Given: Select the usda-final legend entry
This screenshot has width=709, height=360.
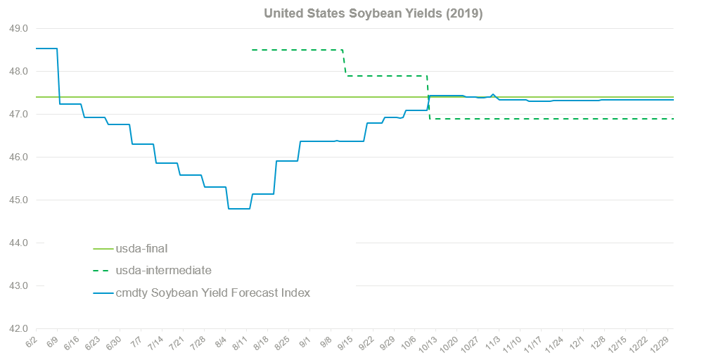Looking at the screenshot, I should pos(141,247).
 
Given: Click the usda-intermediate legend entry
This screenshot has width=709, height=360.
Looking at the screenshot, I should pos(163,270).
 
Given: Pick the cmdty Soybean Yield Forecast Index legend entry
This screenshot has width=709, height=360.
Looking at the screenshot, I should pos(212,292).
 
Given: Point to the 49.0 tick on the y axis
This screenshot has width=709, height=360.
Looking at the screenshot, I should pos(17,29).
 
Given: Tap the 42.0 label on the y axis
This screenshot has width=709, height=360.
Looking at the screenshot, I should pos(17,328).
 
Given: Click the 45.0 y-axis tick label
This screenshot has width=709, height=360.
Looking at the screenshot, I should pos(17,200).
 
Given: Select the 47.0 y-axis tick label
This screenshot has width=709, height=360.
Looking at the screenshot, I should pos(17,114).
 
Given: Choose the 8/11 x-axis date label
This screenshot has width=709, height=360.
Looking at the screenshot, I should pos(239,344).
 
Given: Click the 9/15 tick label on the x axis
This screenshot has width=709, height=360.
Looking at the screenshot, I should pos(345,344).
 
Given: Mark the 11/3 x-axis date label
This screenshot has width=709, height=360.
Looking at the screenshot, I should pos(492,344).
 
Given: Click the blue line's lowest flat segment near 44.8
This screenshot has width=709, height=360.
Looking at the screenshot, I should pos(238,209).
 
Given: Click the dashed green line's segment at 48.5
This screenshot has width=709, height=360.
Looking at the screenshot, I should pos(295,50).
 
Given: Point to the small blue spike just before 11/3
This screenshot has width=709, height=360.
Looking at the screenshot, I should pos(492,94).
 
